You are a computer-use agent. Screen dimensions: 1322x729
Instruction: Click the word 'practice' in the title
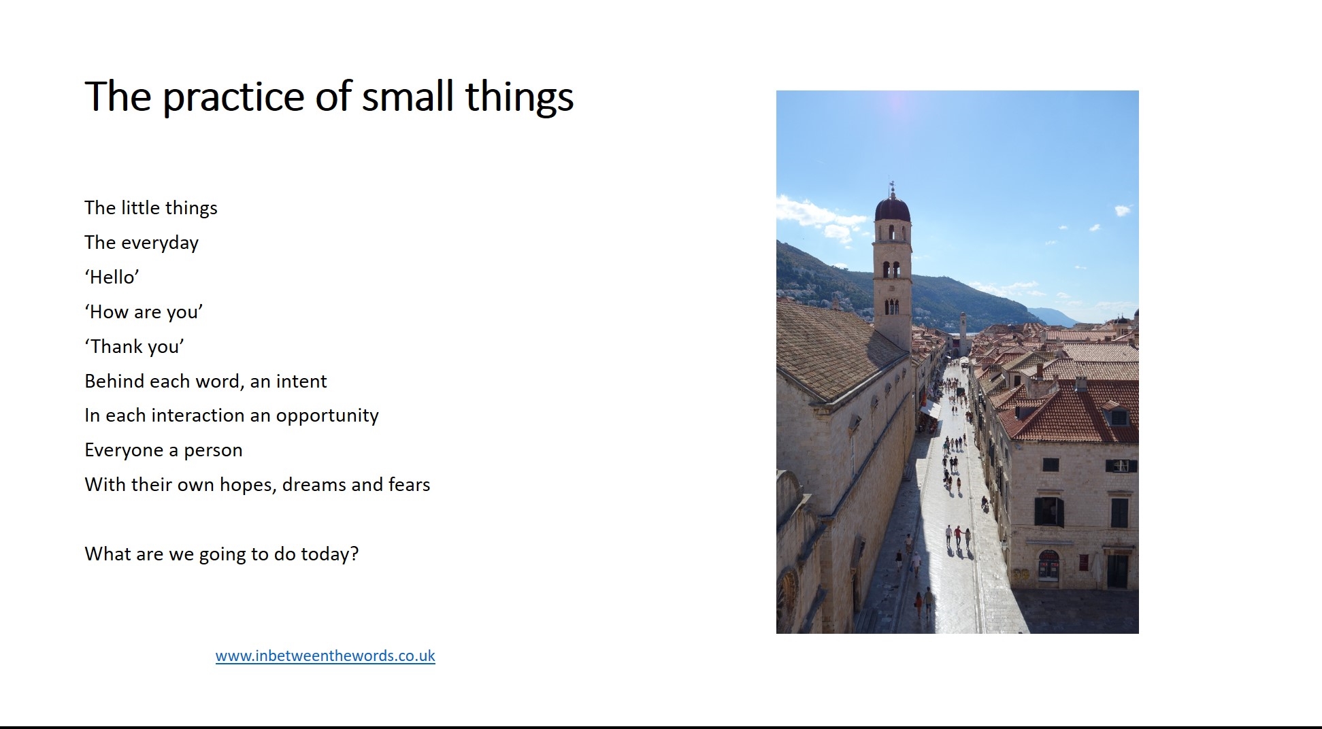pos(233,97)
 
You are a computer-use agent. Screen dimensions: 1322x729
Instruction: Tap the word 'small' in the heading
pos(408,96)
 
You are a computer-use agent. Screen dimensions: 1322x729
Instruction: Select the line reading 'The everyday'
pos(142,243)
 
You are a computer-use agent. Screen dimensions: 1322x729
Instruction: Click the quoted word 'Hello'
pos(112,277)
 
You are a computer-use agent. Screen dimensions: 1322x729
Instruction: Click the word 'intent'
pos(301,381)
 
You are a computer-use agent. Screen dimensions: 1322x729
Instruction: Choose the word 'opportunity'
pos(327,416)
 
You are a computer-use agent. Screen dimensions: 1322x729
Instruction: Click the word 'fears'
pos(409,484)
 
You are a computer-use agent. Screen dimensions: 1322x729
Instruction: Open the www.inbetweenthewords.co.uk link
pos(325,656)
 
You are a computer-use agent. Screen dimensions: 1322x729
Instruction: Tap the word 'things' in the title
pos(520,97)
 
